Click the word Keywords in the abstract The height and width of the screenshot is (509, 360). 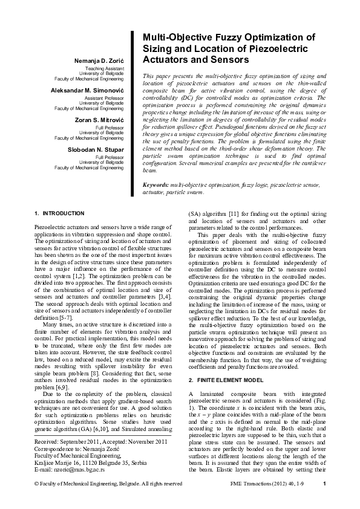[x=155, y=184]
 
